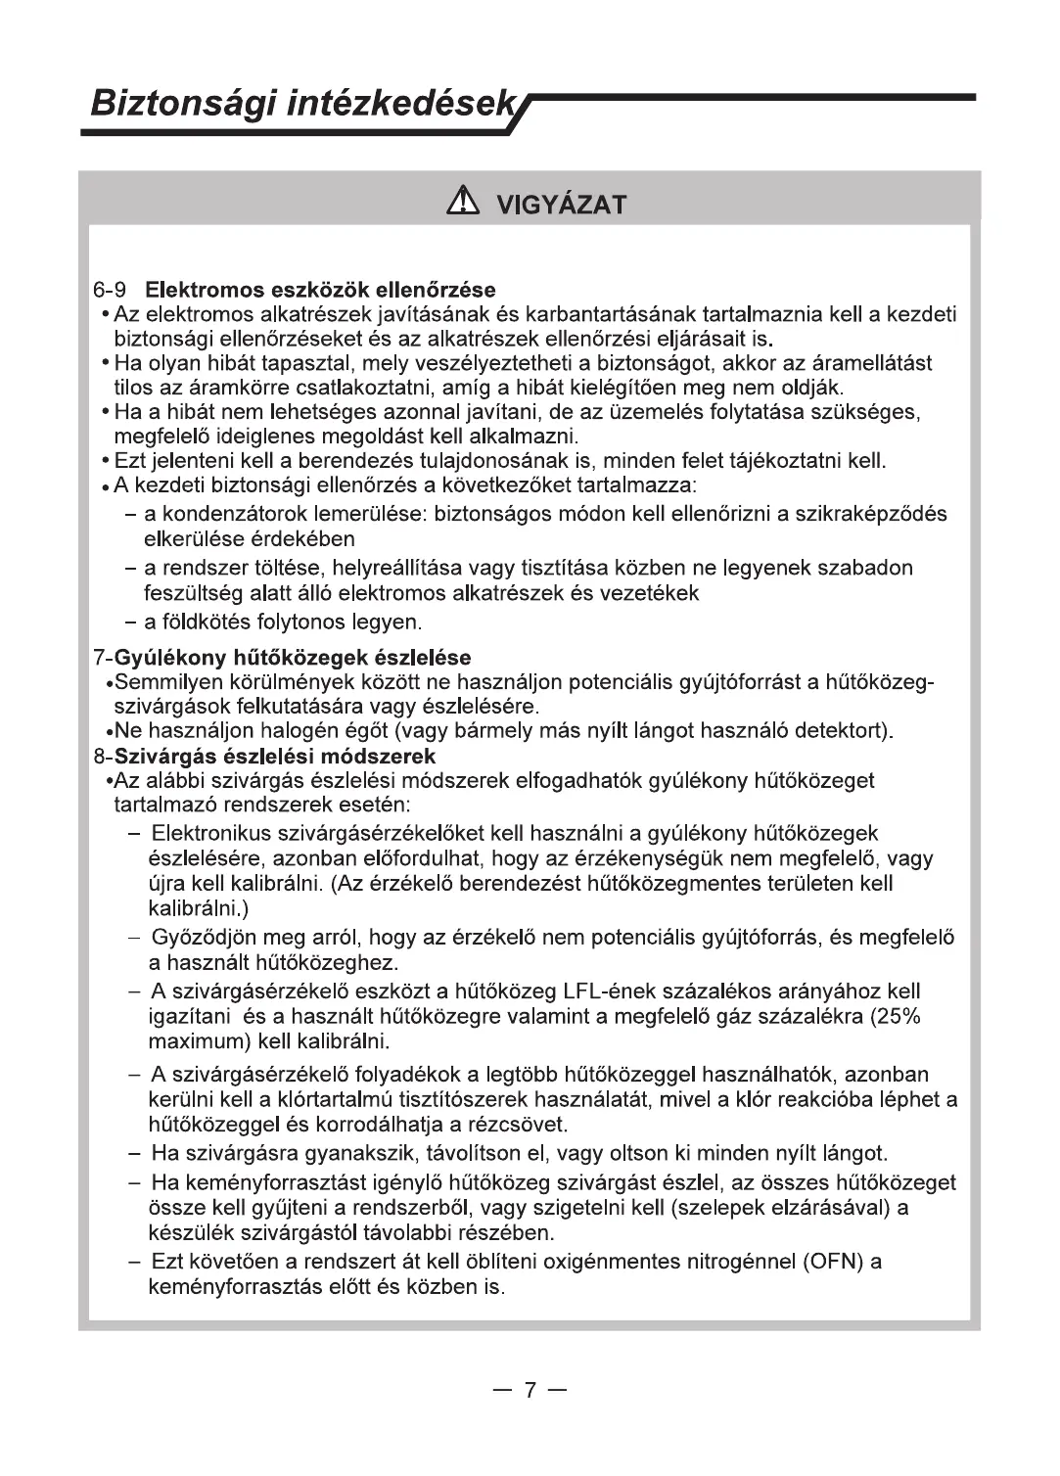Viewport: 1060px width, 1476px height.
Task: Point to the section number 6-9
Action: click(112, 290)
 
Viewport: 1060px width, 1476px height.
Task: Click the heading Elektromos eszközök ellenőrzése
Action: click(320, 290)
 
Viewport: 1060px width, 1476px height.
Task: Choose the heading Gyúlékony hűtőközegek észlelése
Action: click(293, 657)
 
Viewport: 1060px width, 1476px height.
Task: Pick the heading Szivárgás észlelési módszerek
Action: click(275, 757)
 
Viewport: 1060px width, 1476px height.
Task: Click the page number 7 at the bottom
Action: click(530, 1390)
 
